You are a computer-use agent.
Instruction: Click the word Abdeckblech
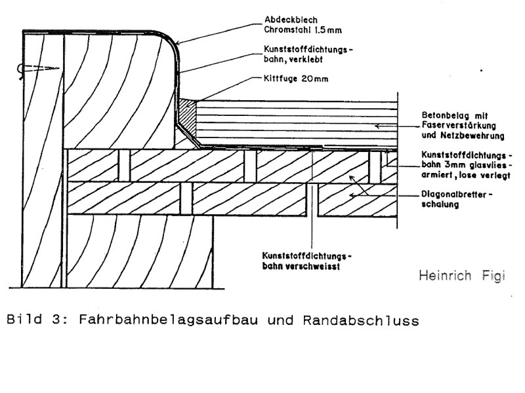pyautogui.click(x=291, y=20)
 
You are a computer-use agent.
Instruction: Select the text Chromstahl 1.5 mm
pyautogui.click(x=303, y=29)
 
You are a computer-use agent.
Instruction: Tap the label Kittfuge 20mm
pyautogui.click(x=296, y=79)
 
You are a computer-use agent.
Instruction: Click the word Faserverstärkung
pyautogui.click(x=459, y=126)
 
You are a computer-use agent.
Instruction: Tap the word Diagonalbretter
pyautogui.click(x=454, y=194)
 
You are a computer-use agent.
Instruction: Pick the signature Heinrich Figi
pyautogui.click(x=462, y=276)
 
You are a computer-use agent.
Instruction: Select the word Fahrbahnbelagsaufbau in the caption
pyautogui.click(x=169, y=320)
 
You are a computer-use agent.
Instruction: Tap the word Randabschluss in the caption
pyautogui.click(x=361, y=320)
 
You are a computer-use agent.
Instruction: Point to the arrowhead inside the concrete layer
pyautogui.click(x=377, y=126)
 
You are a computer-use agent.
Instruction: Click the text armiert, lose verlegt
pyautogui.click(x=466, y=175)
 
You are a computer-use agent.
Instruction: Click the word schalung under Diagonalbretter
pyautogui.click(x=440, y=204)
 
